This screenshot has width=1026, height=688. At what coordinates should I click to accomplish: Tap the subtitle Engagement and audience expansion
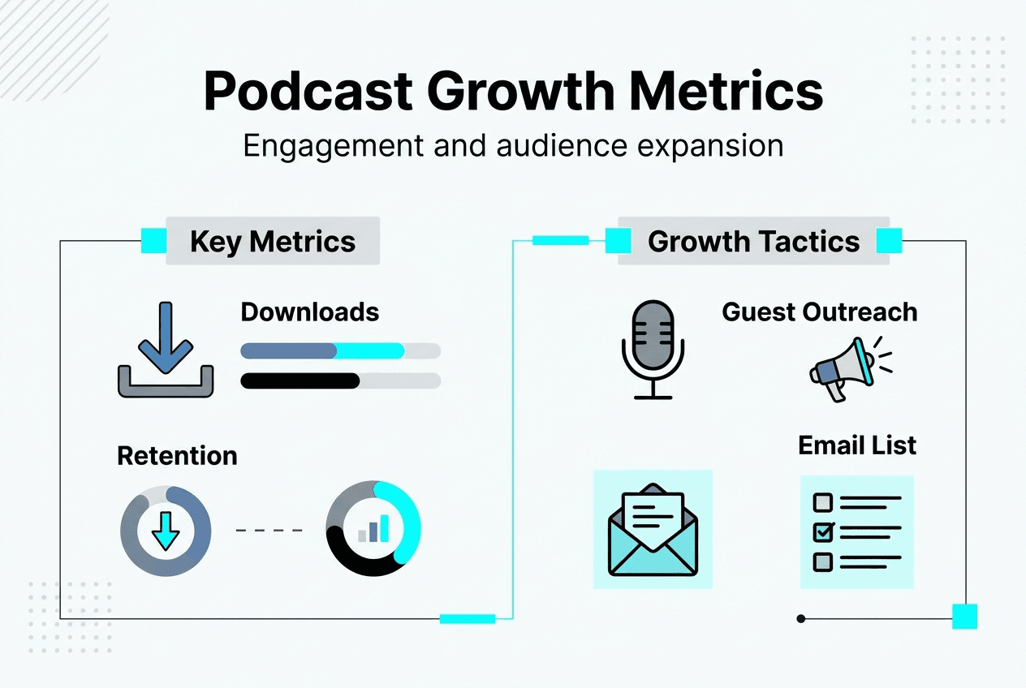(513, 146)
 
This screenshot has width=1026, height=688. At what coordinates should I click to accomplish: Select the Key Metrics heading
(273, 242)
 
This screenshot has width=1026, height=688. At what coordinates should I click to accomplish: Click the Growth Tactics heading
(753, 242)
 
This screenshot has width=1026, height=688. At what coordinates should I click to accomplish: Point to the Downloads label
(310, 312)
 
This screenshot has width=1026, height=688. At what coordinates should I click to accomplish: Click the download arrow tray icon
(166, 349)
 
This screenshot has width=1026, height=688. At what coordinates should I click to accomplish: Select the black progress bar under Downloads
(300, 381)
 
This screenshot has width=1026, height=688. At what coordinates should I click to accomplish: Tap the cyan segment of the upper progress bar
(370, 351)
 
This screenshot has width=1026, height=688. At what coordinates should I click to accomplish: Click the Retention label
(177, 456)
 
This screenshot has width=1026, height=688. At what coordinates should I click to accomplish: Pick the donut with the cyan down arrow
(166, 531)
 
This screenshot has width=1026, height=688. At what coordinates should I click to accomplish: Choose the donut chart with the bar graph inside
(373, 529)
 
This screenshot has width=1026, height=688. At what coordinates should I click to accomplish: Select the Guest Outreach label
(820, 312)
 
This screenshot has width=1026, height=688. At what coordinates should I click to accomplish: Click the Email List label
(857, 445)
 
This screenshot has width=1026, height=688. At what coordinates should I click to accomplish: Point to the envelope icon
(653, 529)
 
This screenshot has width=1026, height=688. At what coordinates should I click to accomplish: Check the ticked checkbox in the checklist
(823, 531)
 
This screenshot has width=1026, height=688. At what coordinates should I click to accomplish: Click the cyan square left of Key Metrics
(153, 241)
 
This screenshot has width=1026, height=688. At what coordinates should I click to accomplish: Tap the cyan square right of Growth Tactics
(889, 241)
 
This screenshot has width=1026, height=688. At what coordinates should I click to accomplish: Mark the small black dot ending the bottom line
(801, 619)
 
